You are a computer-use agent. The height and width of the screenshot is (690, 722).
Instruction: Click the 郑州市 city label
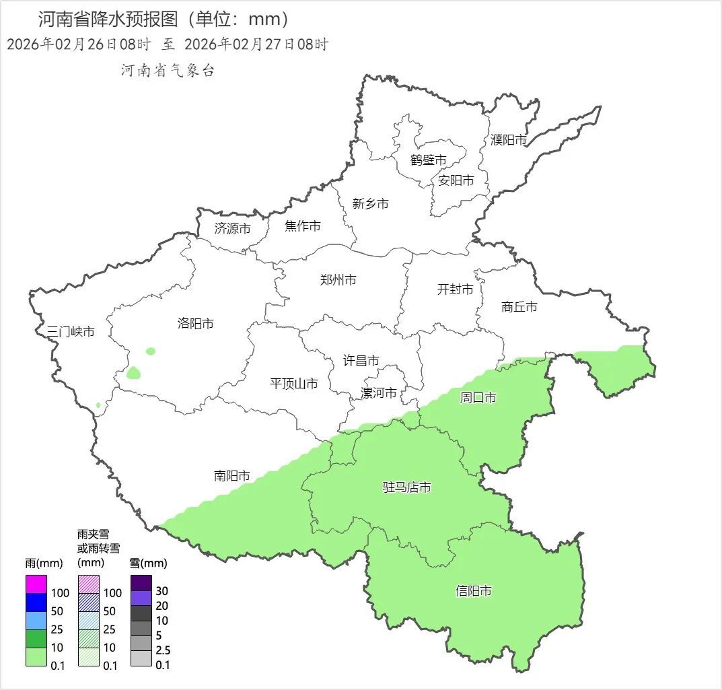coord(338,280)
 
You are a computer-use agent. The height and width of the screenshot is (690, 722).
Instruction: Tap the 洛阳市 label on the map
coord(195,324)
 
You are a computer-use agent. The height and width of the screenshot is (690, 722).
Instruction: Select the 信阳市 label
coord(473,591)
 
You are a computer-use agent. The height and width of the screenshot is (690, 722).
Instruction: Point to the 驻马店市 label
coord(406,487)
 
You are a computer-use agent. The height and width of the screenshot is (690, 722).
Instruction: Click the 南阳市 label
coord(231,476)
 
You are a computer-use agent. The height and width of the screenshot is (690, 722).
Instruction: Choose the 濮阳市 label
coord(508,140)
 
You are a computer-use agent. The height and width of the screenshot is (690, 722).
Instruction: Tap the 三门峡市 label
coord(70,332)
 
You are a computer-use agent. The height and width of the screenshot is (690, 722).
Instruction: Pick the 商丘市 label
coord(519,307)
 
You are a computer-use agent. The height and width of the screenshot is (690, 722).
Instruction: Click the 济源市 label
coord(232,229)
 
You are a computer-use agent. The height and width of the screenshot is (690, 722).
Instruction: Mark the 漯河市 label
coord(378,393)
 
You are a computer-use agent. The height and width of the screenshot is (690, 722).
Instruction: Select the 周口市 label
coord(478,398)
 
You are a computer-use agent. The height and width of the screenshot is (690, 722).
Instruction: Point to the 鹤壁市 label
coord(428,160)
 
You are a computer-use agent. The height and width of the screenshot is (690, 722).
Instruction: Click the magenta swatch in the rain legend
coord(36,584)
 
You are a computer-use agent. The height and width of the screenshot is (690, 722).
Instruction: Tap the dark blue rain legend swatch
coord(36,602)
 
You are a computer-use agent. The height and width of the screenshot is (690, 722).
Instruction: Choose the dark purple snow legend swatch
coord(141,582)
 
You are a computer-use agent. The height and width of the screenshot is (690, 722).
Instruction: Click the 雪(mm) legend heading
coord(148,563)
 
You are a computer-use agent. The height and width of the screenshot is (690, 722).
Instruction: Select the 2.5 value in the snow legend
coord(162,650)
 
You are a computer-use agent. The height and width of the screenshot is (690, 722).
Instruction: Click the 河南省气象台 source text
coord(168,71)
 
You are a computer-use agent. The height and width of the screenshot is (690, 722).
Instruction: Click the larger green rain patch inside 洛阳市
coord(133,372)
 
